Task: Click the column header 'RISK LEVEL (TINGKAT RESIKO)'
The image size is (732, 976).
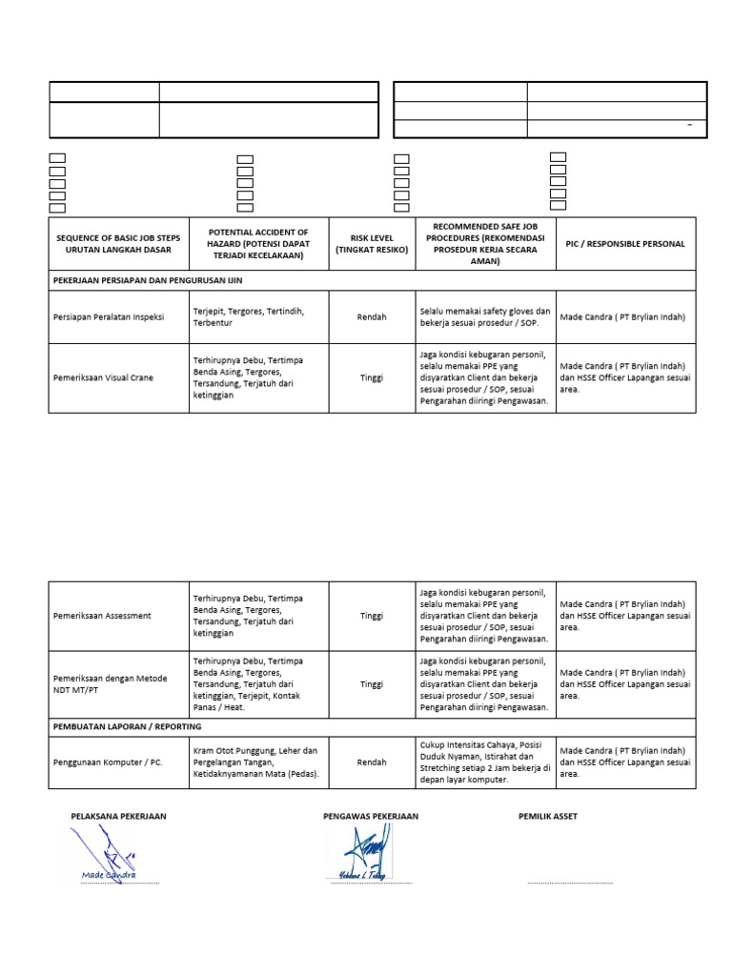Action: (x=371, y=243)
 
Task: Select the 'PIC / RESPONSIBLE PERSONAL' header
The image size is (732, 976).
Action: (x=622, y=243)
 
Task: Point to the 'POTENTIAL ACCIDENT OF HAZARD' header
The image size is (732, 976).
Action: (x=258, y=243)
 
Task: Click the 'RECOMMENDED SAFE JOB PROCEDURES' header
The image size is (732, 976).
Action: (x=484, y=243)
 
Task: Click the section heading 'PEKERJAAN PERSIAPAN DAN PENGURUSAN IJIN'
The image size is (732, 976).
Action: (x=148, y=281)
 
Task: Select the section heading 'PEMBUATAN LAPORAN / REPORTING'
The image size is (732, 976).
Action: (x=127, y=726)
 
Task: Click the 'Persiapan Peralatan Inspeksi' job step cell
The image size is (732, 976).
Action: (x=108, y=317)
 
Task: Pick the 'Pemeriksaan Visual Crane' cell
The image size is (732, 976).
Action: (x=103, y=377)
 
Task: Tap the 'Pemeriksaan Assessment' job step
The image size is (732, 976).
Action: (x=102, y=616)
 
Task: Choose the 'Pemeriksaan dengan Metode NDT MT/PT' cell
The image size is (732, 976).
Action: (x=110, y=683)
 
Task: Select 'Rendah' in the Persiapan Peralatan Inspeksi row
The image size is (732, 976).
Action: (x=371, y=317)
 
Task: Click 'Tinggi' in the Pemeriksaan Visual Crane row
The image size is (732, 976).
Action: (x=371, y=377)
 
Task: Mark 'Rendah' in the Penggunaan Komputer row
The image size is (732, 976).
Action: (x=371, y=762)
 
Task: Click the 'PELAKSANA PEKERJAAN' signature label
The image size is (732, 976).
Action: (x=118, y=817)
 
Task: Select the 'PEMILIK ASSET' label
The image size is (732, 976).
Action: (x=547, y=817)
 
